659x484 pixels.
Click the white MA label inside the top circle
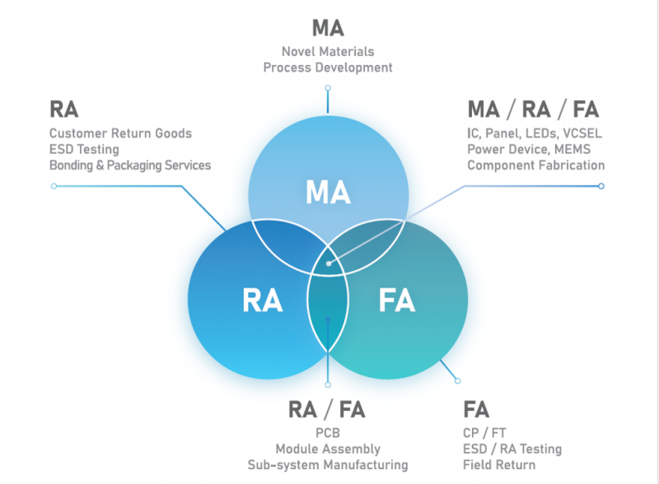[x=328, y=191]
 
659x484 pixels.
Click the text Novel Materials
[x=328, y=51]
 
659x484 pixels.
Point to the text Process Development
[x=328, y=67]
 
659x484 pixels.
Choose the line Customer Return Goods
[x=120, y=133]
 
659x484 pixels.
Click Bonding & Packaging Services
[x=130, y=165]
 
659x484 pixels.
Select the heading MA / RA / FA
[x=533, y=109]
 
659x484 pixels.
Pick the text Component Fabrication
[x=535, y=165]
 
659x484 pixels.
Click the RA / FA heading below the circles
[x=327, y=409]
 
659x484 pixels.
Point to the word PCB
[x=328, y=433]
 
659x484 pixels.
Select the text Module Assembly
[x=328, y=449]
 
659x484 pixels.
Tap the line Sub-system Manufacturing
[x=328, y=464]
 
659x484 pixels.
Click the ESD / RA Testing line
[x=512, y=449]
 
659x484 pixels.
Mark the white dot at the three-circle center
[x=328, y=263]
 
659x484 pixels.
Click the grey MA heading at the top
[x=328, y=27]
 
